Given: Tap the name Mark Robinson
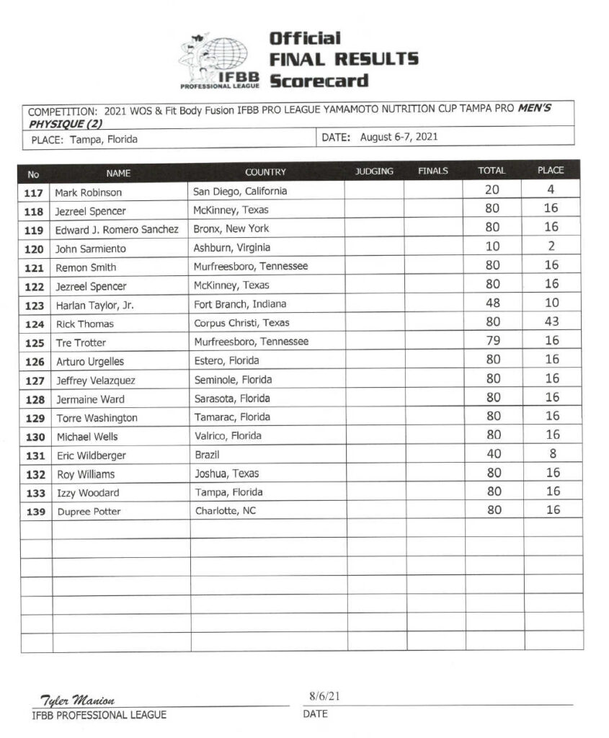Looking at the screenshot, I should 89,192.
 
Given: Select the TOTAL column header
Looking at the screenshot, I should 492,172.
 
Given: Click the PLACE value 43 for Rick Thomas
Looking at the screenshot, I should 551,321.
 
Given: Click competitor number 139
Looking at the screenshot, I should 35,512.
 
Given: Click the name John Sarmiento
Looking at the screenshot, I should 91,249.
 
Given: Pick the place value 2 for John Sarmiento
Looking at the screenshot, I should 551,246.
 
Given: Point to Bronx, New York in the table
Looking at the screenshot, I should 231,228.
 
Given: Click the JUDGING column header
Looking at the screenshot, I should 374,172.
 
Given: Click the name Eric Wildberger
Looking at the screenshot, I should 91,455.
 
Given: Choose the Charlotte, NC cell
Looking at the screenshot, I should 225,511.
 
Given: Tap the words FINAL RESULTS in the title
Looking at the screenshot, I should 343,59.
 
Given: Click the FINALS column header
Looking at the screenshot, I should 432,172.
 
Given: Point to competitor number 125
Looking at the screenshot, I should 35,342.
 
